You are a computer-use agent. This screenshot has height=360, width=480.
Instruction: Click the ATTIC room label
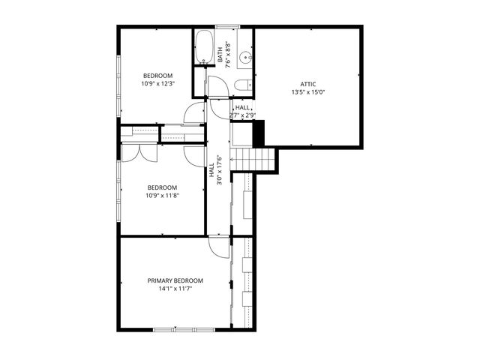coord(308,84)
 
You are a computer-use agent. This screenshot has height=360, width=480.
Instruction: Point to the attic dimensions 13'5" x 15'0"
coord(308,92)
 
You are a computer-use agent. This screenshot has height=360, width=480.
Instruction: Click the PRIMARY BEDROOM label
coord(175,280)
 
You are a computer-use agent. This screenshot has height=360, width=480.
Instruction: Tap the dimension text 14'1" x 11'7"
coord(175,289)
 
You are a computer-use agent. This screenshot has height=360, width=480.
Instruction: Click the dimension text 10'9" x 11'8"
coord(162,196)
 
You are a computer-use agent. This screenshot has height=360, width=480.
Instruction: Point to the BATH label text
coord(220,55)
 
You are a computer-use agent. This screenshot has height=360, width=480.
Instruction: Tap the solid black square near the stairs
coord(259,133)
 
